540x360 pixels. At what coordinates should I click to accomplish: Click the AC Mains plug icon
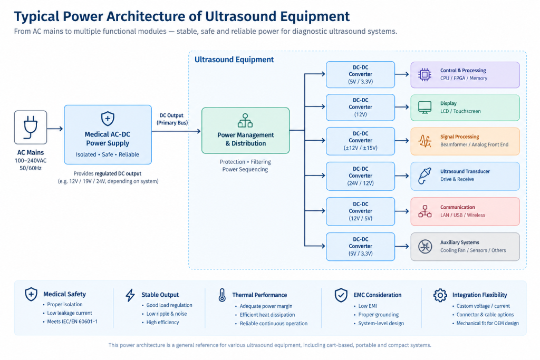(30, 127)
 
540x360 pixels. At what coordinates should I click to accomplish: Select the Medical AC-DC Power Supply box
(108, 134)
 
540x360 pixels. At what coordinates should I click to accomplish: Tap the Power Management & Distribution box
(246, 130)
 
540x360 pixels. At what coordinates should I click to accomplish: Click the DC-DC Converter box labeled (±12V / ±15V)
(360, 140)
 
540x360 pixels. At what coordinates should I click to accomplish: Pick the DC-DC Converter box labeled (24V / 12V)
(360, 176)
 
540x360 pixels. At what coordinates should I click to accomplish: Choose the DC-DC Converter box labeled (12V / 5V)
(360, 211)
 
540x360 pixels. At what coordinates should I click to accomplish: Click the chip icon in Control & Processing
(425, 74)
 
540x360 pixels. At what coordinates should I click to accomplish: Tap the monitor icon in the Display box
(425, 108)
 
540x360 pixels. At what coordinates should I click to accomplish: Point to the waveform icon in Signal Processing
(425, 141)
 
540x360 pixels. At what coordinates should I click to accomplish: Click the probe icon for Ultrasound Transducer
(425, 176)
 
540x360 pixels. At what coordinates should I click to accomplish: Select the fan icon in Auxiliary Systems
(425, 247)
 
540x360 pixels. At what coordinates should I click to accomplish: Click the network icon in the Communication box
(425, 211)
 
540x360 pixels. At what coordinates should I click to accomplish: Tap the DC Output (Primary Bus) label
(172, 119)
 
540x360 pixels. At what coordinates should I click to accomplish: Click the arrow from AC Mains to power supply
(55, 129)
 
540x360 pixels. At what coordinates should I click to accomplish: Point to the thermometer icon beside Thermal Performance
(222, 295)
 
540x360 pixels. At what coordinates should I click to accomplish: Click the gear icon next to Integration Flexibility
(440, 295)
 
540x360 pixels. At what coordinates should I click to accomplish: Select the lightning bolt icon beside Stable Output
(130, 295)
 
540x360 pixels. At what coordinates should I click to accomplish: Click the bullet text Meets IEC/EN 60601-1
(72, 322)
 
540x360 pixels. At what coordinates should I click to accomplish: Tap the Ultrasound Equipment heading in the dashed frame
(234, 60)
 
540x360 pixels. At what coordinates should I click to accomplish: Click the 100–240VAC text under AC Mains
(30, 161)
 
